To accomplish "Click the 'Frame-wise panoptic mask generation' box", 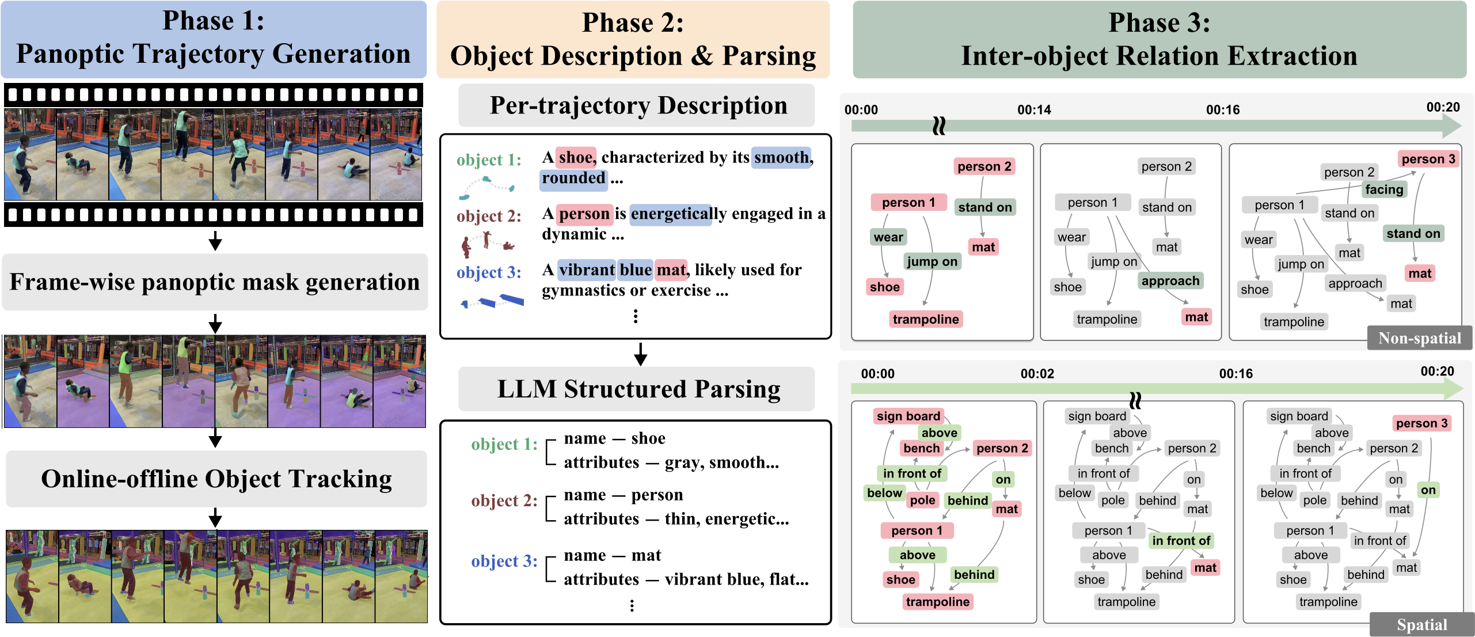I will coord(215,282).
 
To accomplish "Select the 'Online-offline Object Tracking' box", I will coord(216,479).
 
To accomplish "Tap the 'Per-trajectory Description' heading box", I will coord(637,105).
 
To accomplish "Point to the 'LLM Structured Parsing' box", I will coord(638,389).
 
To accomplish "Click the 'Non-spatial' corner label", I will coord(1419,338).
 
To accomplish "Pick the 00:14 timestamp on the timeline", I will coord(1034,109).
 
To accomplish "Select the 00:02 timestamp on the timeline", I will coord(1037,374).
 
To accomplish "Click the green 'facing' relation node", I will coord(1384,189).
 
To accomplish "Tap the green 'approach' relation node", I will coord(1170,281).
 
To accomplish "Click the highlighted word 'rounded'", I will coord(573,178).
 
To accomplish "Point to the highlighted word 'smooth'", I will coord(781,157).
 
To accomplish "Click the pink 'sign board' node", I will coord(908,416).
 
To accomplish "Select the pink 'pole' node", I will coord(922,500).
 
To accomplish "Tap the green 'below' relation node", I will coord(884,493).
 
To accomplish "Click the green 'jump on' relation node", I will coord(932,261).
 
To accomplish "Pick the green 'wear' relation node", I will coord(888,237).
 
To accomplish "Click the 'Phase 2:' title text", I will coord(633,23).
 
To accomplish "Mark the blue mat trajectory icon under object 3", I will coord(492,301).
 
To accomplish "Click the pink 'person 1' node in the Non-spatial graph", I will coord(908,202).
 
